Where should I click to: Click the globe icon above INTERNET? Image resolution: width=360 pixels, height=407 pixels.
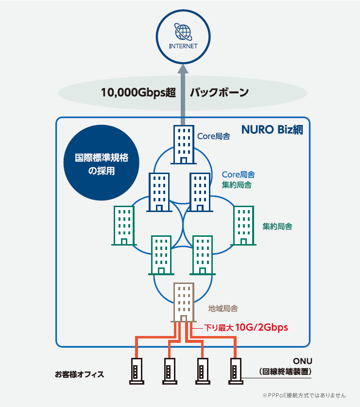[x=183, y=32]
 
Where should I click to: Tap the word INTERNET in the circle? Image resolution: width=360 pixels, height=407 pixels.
[x=183, y=46]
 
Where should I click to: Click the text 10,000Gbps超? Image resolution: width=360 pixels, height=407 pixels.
[x=138, y=93]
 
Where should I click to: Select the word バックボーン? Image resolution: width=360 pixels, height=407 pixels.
[x=220, y=92]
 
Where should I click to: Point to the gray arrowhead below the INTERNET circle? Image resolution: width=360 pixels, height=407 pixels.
[x=183, y=69]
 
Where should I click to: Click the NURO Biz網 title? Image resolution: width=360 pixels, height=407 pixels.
[x=272, y=129]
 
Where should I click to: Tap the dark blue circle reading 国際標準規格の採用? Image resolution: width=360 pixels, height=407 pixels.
[x=102, y=163]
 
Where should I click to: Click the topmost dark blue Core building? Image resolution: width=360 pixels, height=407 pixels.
[x=184, y=144]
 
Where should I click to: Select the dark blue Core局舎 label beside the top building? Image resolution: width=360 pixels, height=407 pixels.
[x=214, y=136]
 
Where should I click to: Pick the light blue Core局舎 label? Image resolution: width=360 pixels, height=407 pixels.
[x=239, y=175]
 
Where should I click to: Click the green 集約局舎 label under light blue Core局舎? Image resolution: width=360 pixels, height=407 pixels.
[x=237, y=185]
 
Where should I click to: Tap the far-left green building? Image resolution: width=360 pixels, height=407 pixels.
[x=124, y=226]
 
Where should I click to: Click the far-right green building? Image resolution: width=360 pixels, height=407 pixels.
[x=243, y=226]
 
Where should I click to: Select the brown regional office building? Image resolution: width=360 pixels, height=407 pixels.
[x=184, y=302]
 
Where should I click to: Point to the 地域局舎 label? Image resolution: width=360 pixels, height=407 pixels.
[x=223, y=308]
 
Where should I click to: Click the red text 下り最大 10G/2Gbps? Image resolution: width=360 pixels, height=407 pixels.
[x=246, y=327]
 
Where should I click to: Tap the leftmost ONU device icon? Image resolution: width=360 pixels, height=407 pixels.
[x=137, y=371]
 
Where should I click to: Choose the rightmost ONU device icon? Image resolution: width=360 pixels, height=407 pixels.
[x=236, y=371]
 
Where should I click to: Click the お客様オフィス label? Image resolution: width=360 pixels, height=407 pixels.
[x=79, y=374]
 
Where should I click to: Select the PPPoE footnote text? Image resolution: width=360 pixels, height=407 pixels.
[x=304, y=395]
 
